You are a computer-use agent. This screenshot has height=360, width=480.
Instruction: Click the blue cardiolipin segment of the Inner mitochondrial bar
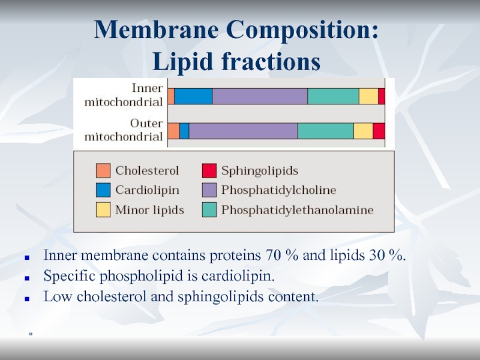(x=193, y=97)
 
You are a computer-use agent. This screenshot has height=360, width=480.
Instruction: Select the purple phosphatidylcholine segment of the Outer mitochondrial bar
(x=243, y=131)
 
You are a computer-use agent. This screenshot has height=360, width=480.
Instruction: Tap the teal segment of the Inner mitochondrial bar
(x=333, y=97)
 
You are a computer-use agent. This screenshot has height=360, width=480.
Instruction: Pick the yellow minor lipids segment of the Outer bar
(x=363, y=131)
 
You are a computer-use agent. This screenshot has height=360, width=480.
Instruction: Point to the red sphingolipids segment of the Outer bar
(x=379, y=131)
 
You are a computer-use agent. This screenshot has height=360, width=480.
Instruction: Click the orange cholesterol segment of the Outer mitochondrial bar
(x=173, y=131)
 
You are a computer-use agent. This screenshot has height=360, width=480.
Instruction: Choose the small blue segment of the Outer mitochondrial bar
(x=184, y=131)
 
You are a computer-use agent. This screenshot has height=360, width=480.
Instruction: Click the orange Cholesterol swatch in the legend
(x=103, y=171)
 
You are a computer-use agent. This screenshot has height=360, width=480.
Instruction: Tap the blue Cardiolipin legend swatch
(x=103, y=190)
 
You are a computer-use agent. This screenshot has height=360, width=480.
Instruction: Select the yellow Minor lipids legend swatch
(x=103, y=210)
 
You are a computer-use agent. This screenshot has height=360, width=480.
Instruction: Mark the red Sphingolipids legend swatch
(x=209, y=171)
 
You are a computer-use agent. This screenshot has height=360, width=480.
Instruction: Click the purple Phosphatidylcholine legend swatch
(x=209, y=190)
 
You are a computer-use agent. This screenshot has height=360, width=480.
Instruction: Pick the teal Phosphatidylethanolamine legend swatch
(x=209, y=210)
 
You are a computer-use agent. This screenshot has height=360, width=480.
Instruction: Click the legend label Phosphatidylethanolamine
(x=297, y=210)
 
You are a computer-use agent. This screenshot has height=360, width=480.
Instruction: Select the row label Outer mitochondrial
(x=123, y=130)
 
